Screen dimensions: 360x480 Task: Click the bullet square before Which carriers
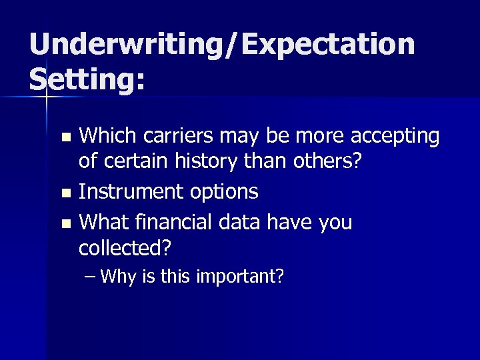coord(65,138)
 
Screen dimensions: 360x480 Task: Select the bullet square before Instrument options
coord(65,193)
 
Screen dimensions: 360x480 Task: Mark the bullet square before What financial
coord(65,223)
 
